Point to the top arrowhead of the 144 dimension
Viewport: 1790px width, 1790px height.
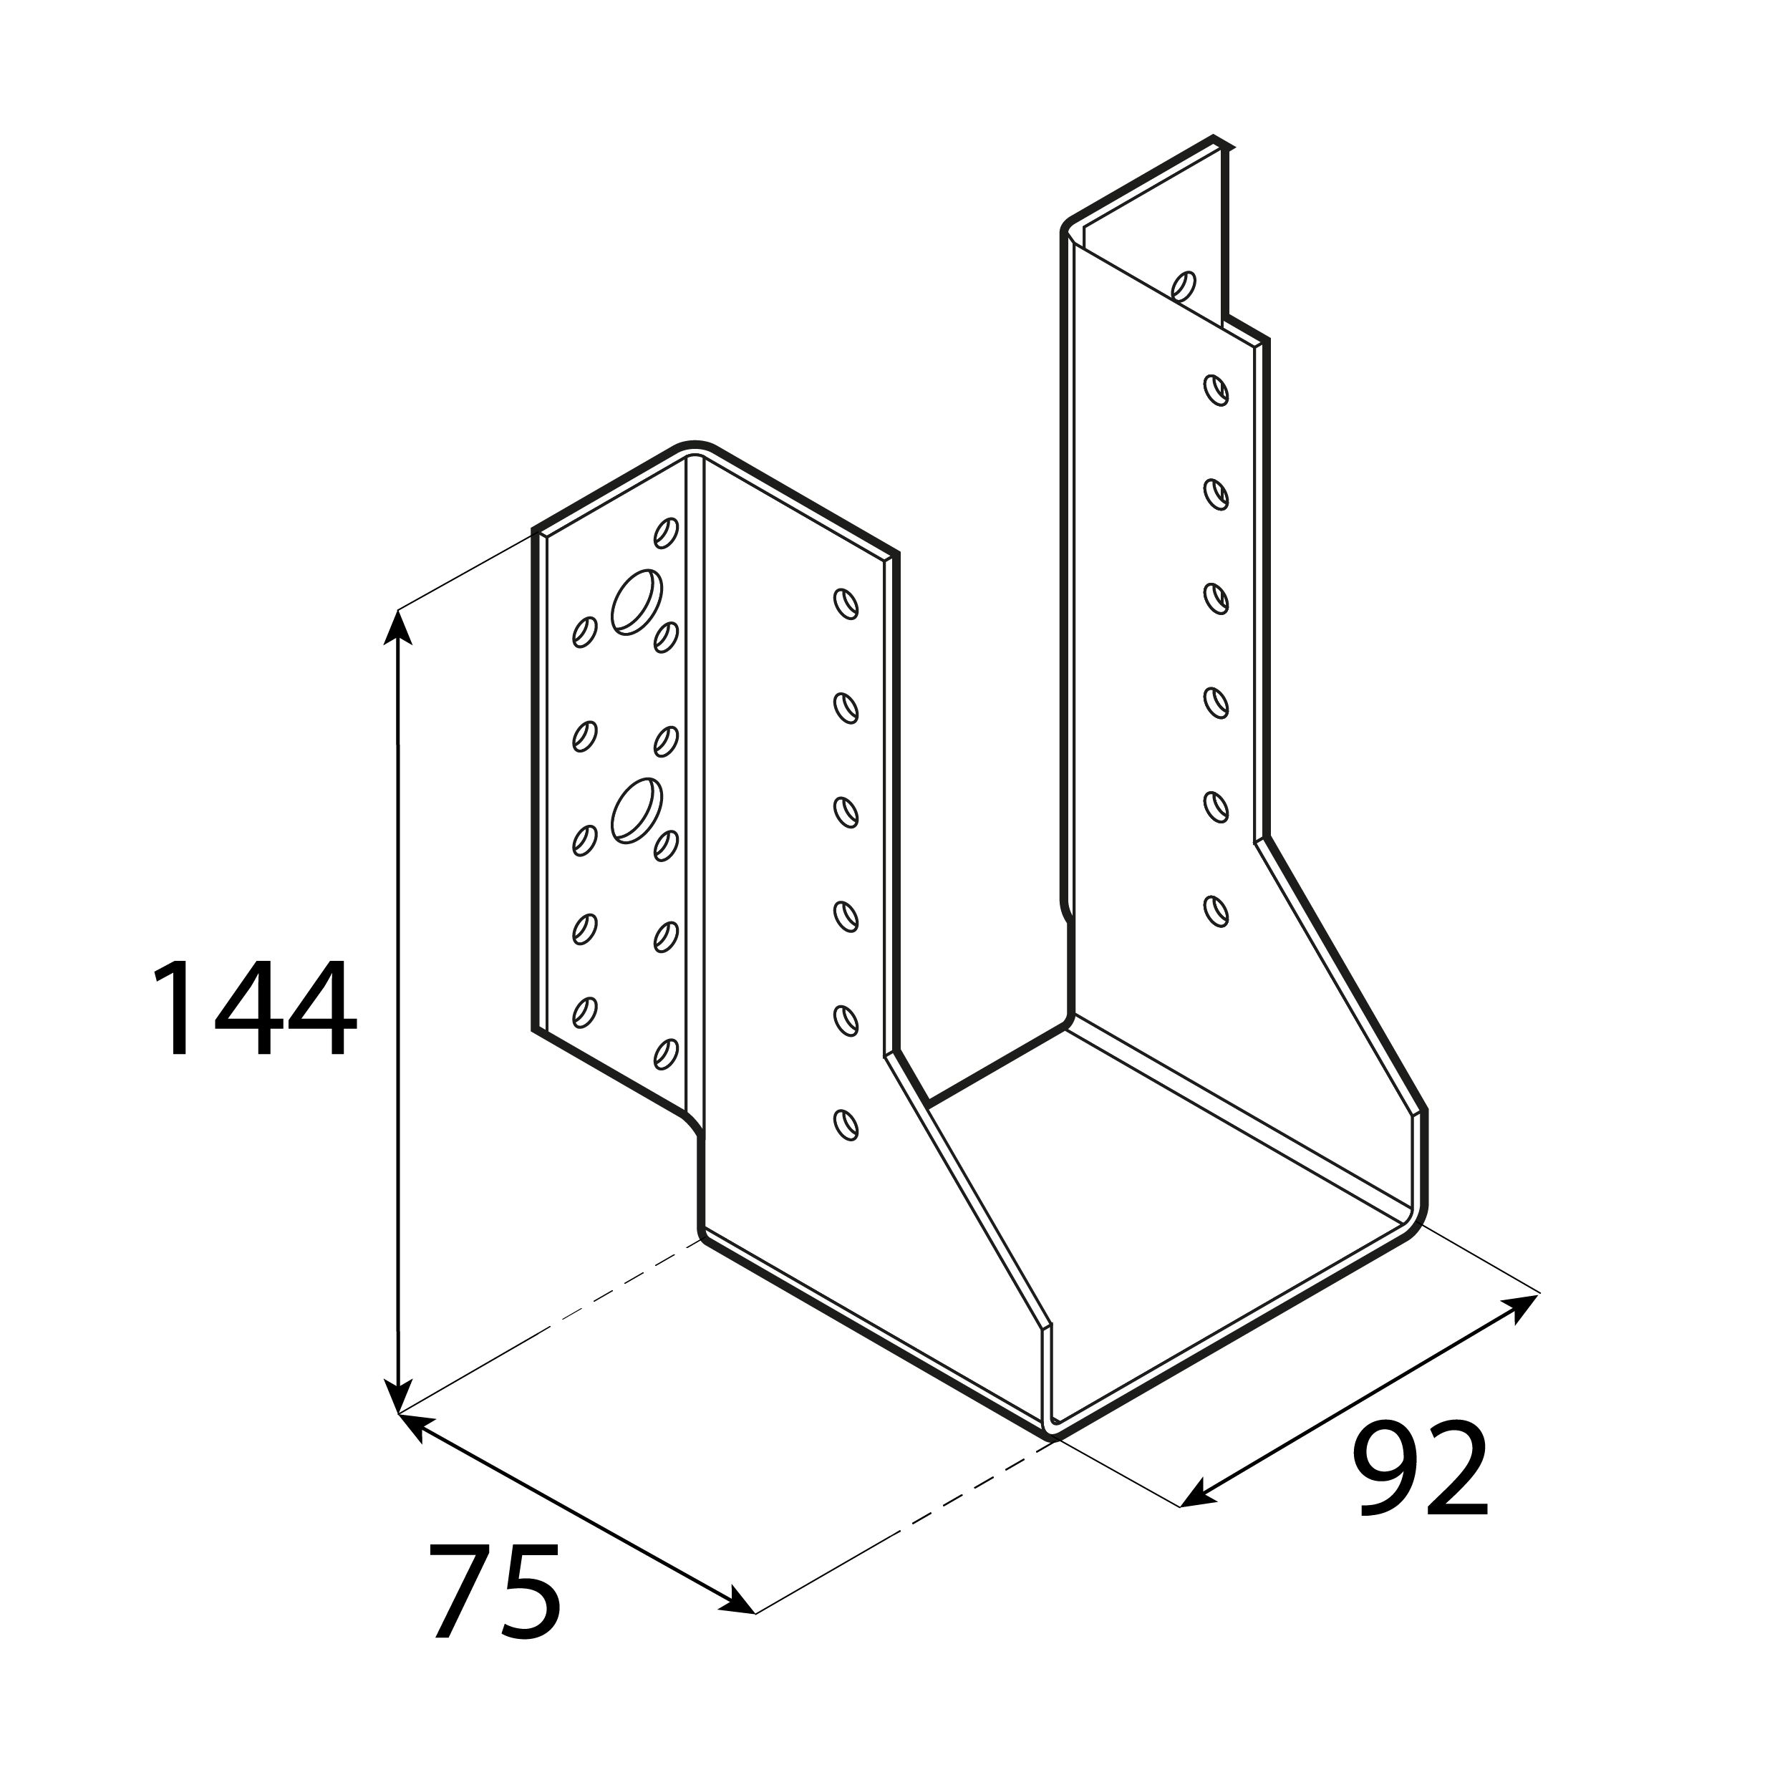point(398,625)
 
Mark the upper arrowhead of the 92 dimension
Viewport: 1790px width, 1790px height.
point(1519,1307)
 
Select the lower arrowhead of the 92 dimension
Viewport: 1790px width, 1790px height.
point(1197,1494)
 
